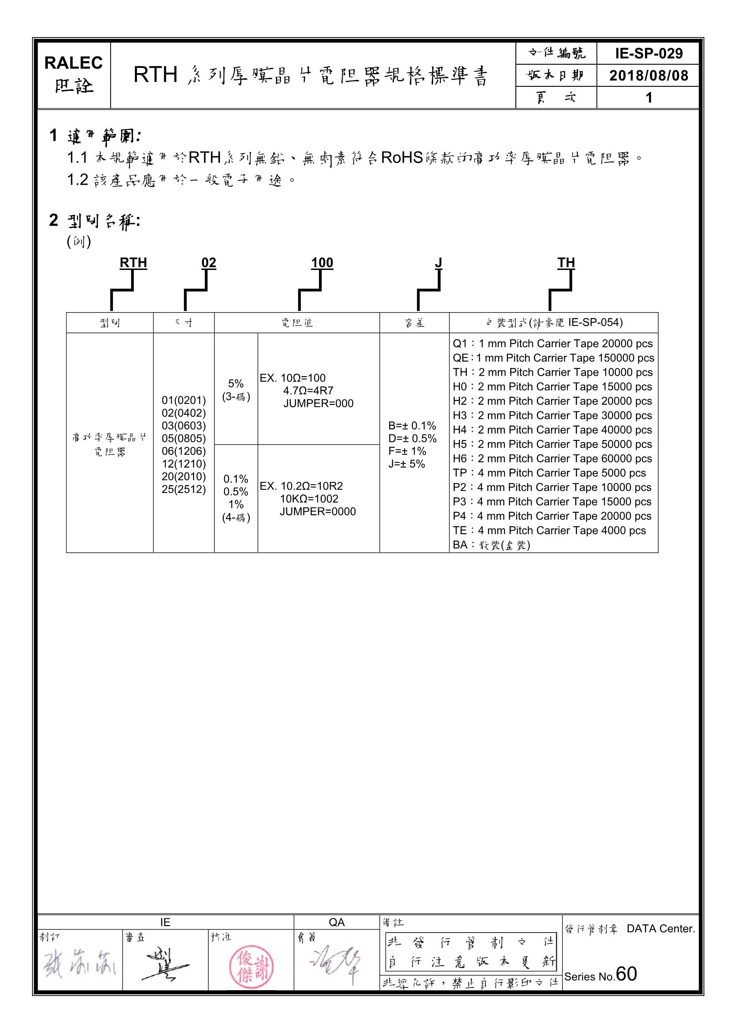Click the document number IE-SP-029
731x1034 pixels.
pyautogui.click(x=649, y=54)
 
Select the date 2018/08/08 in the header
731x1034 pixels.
pyautogui.click(x=649, y=75)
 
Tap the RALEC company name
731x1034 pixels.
pyautogui.click(x=73, y=63)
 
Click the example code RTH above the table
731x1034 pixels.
pyautogui.click(x=133, y=262)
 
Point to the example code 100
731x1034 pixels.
pyautogui.click(x=322, y=262)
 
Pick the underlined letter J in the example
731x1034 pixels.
pyautogui.click(x=438, y=262)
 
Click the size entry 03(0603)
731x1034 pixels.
pyautogui.click(x=183, y=425)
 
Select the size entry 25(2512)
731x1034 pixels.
pyautogui.click(x=183, y=489)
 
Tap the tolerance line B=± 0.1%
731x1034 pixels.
pyautogui.click(x=412, y=425)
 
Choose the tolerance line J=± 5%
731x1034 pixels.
pyautogui.click(x=407, y=464)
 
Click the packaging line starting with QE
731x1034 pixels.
pyautogui.click(x=553, y=358)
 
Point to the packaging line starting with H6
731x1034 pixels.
pyautogui.click(x=552, y=459)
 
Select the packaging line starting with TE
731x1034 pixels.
pyautogui.click(x=549, y=530)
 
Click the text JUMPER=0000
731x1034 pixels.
pyautogui.click(x=317, y=511)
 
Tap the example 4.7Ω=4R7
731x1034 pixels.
pyautogui.click(x=308, y=390)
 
